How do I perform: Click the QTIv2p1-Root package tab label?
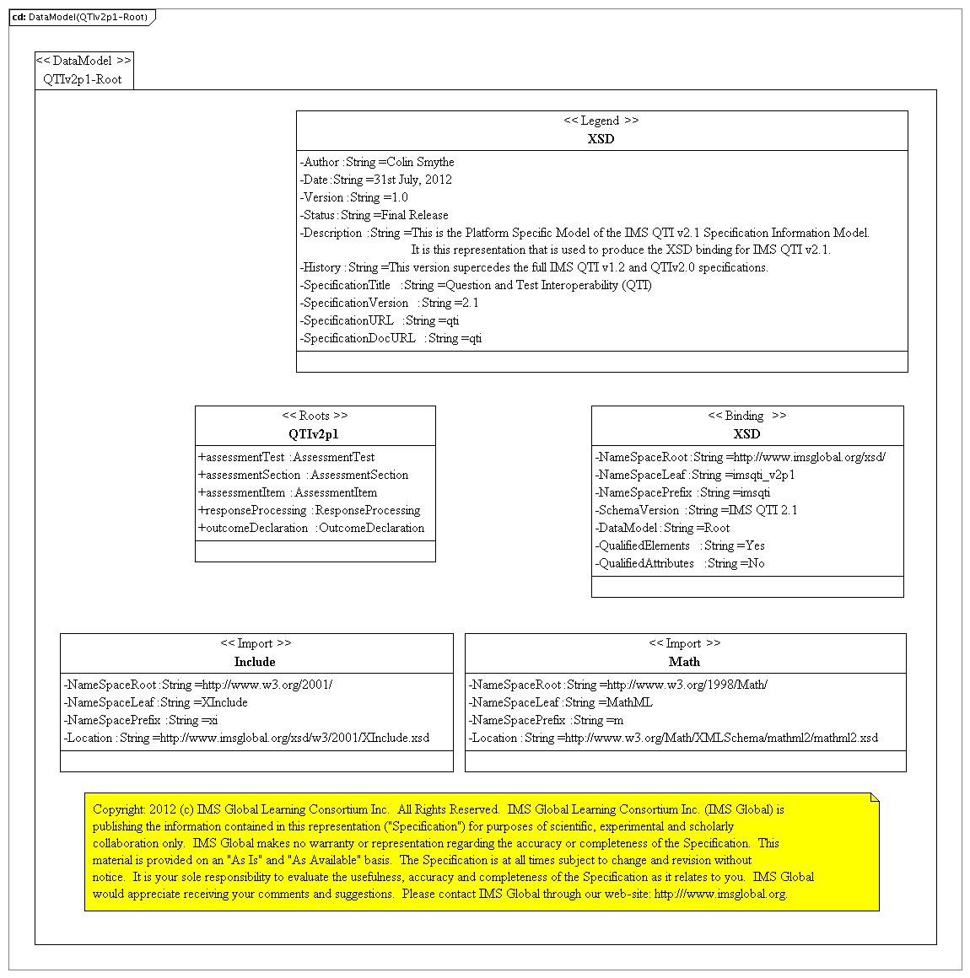click(83, 79)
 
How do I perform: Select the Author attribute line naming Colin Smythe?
click(377, 162)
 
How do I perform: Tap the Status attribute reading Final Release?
click(375, 215)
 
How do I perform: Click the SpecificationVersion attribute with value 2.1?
click(390, 303)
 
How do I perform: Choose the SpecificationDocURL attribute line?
click(391, 338)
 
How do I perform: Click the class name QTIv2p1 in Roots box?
click(313, 434)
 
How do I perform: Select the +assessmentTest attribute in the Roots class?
click(287, 457)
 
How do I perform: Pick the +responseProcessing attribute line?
click(310, 510)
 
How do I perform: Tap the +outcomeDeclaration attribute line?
click(311, 528)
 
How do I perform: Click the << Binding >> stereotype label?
click(746, 416)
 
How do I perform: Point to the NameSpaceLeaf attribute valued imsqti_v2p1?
click(695, 475)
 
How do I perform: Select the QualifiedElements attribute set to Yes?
click(680, 545)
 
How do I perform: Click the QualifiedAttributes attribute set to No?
click(680, 563)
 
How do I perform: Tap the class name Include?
click(255, 662)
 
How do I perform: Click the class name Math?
click(684, 662)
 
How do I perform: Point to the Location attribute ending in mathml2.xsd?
click(673, 738)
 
